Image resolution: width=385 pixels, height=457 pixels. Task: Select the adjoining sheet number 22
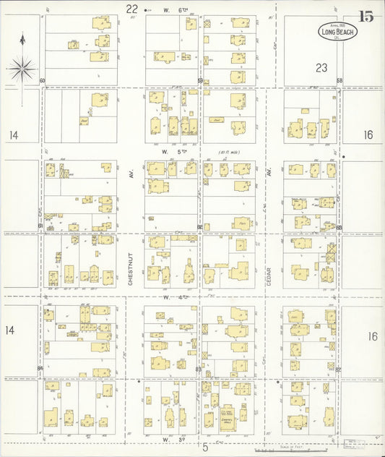131,9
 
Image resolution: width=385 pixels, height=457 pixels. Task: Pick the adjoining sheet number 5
205,447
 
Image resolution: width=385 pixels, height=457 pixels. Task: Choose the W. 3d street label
174,438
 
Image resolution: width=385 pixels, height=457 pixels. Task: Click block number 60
43,81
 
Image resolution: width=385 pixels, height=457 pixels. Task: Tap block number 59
200,81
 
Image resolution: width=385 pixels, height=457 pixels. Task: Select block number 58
339,80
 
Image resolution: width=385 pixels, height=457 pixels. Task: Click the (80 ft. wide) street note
230,153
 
